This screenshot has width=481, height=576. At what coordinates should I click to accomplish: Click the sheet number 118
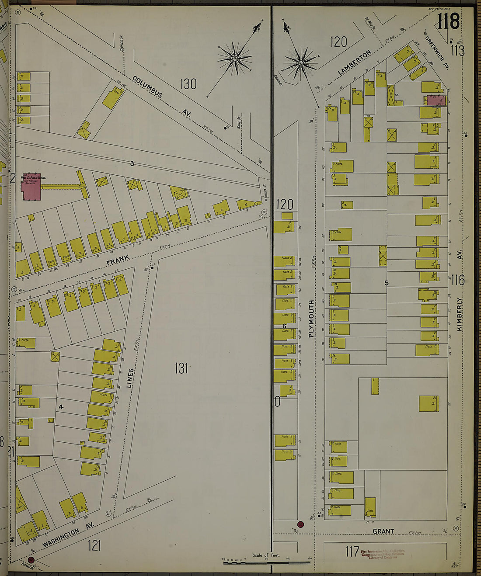coord(448,21)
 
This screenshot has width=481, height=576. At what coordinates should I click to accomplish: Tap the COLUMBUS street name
coord(147,87)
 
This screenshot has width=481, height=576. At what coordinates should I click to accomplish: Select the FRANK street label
coord(118,260)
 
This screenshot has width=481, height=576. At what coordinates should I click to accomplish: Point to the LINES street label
coord(130,378)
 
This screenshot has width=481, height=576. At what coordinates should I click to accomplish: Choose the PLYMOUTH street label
coord(311,318)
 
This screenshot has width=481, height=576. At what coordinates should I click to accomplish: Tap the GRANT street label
coord(383,531)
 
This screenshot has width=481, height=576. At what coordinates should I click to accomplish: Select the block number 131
coord(181,368)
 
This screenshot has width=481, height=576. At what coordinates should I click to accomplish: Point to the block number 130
coord(188,84)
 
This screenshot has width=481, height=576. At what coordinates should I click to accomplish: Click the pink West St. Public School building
coord(31,188)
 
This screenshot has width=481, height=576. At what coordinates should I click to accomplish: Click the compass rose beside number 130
coord(235,58)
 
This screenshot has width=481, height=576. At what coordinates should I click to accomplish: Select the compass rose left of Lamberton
coord(301,63)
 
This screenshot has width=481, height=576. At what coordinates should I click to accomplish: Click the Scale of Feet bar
coord(266,562)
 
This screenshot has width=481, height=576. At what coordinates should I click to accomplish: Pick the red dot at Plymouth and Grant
coord(300,524)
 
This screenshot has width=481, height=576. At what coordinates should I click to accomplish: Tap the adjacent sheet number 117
coord(352,552)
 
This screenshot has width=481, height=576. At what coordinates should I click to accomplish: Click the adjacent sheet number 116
coord(457,280)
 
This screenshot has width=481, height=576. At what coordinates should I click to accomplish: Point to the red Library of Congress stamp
coord(383,554)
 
